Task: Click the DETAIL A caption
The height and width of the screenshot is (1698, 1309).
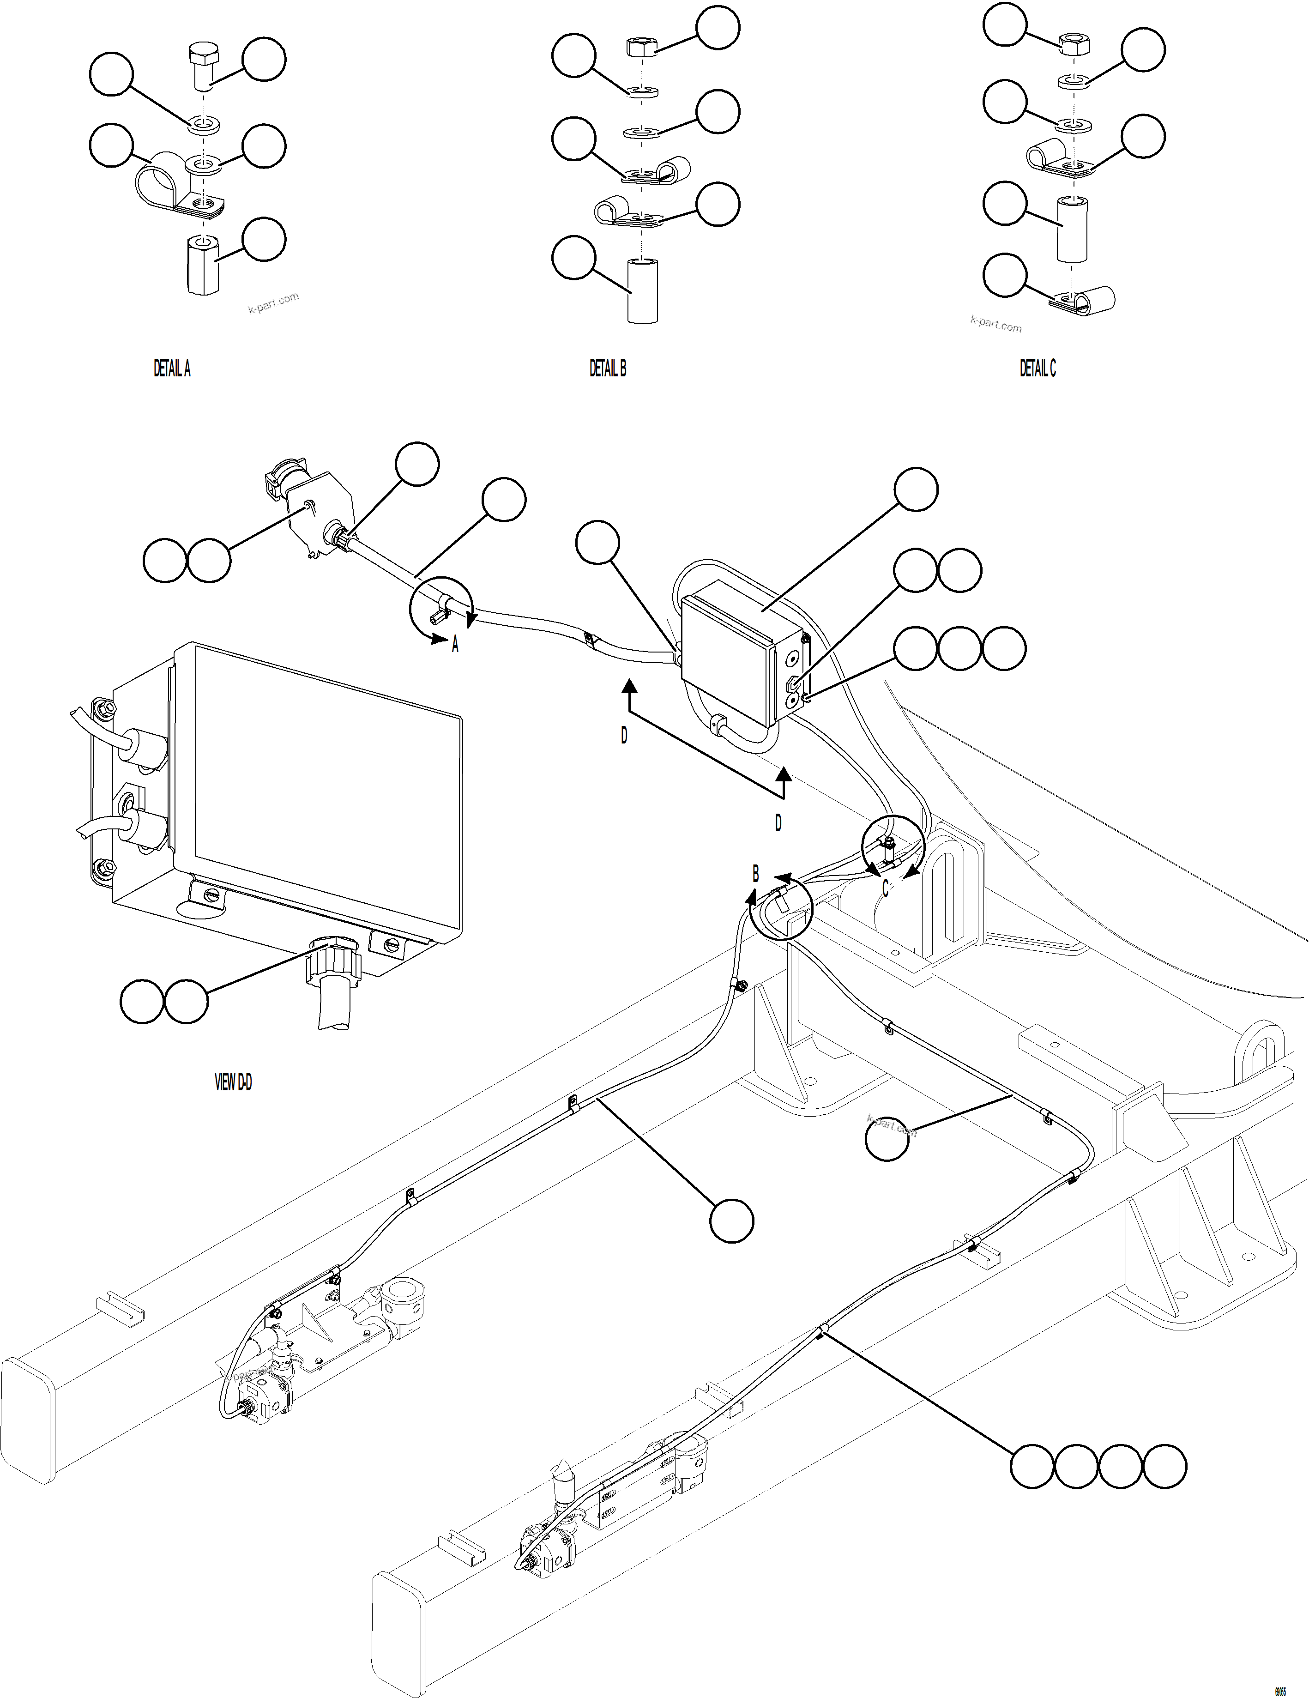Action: tap(172, 369)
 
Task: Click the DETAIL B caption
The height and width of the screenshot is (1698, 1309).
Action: tap(607, 369)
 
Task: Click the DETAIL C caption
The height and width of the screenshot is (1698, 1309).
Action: tap(1038, 369)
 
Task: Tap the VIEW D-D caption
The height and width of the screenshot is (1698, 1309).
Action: tap(233, 1082)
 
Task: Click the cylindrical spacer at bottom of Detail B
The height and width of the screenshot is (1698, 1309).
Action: tap(642, 291)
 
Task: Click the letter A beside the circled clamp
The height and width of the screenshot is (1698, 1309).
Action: tap(456, 645)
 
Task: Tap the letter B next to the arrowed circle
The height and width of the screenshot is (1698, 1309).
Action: tap(755, 874)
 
